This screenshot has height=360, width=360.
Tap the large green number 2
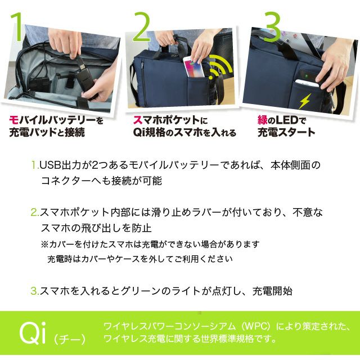click(142, 27)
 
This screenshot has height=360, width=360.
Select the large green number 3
click(273, 27)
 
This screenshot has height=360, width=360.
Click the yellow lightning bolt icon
click(305, 101)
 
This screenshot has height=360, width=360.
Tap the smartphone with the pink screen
click(193, 66)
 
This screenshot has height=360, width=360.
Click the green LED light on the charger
click(306, 75)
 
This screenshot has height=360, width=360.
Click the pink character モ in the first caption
click(13, 120)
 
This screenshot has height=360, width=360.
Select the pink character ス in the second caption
click(138, 120)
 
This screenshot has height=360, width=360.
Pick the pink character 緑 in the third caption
click(263, 120)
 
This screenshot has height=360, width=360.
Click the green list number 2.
click(35, 213)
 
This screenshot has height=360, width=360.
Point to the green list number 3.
click(35, 291)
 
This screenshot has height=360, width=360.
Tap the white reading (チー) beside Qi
click(70, 339)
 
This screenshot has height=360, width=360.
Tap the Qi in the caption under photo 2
click(139, 133)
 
